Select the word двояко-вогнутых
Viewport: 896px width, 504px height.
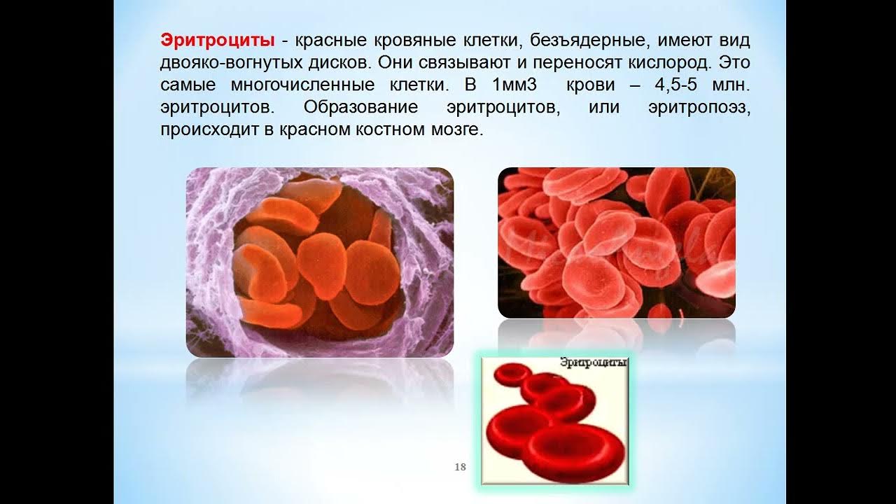click(222, 61)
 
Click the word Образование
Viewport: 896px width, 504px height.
click(361, 108)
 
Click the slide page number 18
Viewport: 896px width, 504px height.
click(460, 467)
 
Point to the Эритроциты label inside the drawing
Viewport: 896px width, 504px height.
click(593, 363)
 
